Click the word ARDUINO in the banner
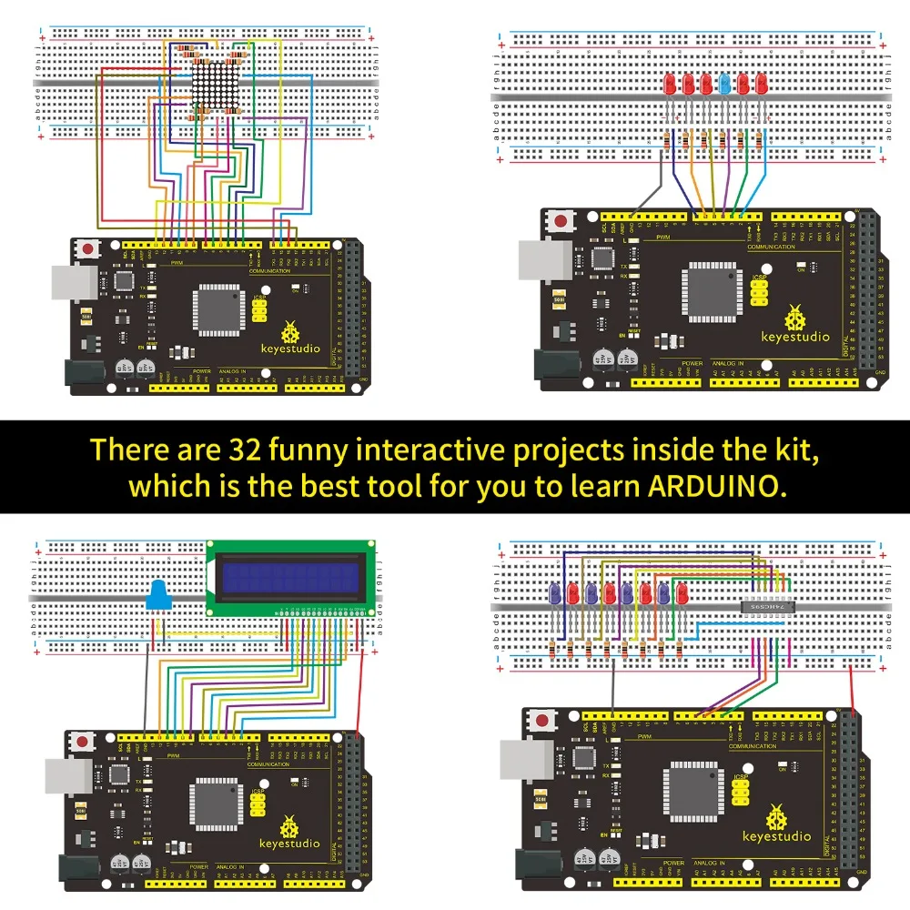point(715,485)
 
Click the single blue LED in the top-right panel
point(725,85)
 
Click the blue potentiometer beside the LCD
point(159,596)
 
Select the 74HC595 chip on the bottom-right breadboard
point(770,606)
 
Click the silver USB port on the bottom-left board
point(67,777)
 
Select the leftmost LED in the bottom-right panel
point(554,594)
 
